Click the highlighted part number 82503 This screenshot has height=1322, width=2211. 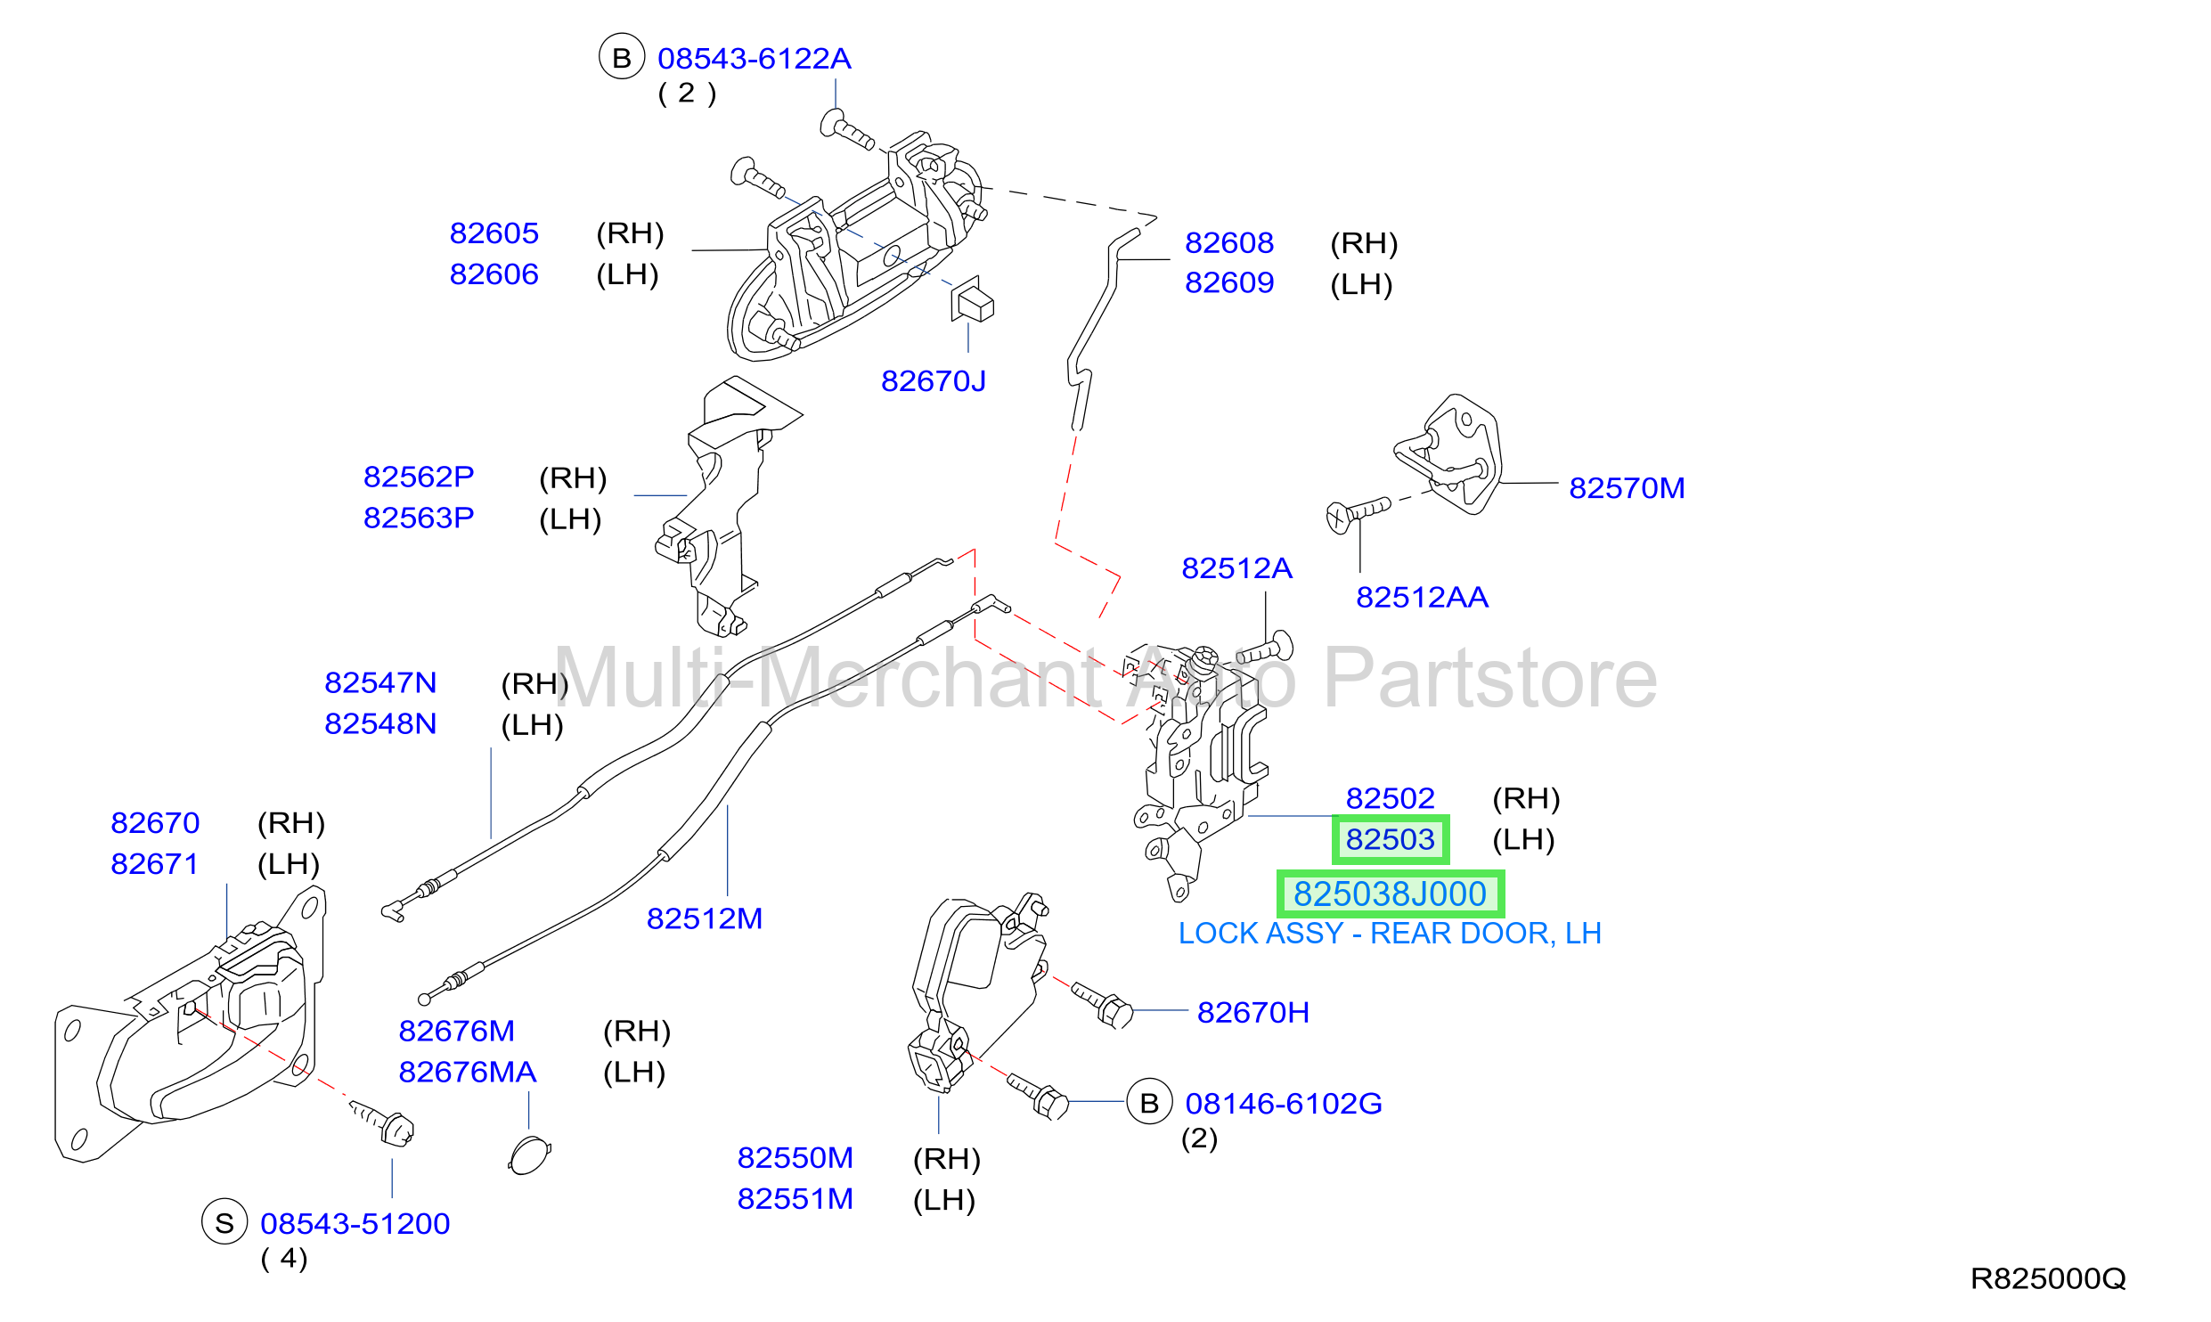tap(1390, 839)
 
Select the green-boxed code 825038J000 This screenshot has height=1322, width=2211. tap(1390, 894)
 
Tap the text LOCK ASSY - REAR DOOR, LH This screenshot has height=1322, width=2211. tap(1390, 933)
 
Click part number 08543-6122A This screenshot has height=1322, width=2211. tap(754, 59)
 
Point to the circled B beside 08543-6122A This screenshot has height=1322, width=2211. tap(622, 57)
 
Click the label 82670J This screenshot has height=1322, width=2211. tap(933, 381)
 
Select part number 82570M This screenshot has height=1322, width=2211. tap(1627, 488)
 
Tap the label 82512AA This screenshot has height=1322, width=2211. tap(1422, 597)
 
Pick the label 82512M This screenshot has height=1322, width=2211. tap(704, 918)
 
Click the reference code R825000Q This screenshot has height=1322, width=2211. tap(2048, 1279)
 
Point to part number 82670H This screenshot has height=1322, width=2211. tap(1252, 1013)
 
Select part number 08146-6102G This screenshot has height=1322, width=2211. tap(1284, 1104)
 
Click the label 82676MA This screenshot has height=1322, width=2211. tap(467, 1072)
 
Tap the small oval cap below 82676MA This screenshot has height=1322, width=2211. tap(529, 1155)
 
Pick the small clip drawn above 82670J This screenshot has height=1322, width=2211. tap(972, 298)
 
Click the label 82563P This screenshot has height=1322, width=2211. tap(418, 518)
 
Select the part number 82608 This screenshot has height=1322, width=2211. tap(1228, 242)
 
